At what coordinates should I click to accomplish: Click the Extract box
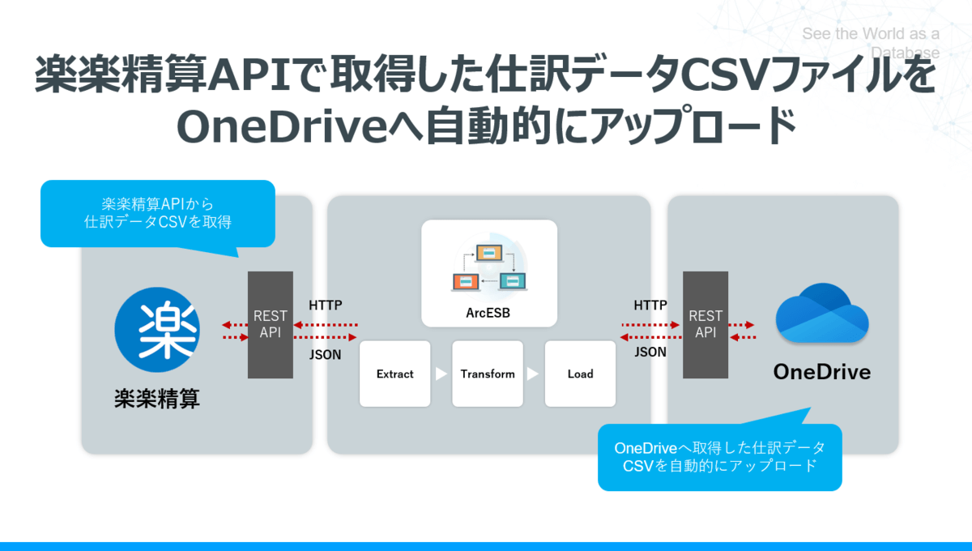click(x=394, y=374)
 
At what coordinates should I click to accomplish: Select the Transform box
click(x=488, y=374)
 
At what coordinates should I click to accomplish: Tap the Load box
click(x=580, y=374)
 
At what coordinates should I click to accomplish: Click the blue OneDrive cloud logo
click(x=821, y=313)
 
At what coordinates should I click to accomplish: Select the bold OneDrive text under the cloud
click(x=821, y=372)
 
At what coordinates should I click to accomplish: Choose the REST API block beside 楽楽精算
click(x=271, y=324)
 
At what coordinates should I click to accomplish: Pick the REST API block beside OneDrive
click(x=705, y=324)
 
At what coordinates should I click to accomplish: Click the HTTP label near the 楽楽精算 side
click(x=326, y=305)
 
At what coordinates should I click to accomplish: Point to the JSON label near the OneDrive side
click(x=650, y=352)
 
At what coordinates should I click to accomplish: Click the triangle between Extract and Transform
click(x=441, y=374)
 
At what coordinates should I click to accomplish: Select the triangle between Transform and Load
click(x=533, y=374)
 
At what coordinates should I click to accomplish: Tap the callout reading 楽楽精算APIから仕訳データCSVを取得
click(x=157, y=212)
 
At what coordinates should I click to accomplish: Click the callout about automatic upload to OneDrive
click(x=719, y=457)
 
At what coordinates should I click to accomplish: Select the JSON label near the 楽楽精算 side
click(x=326, y=354)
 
